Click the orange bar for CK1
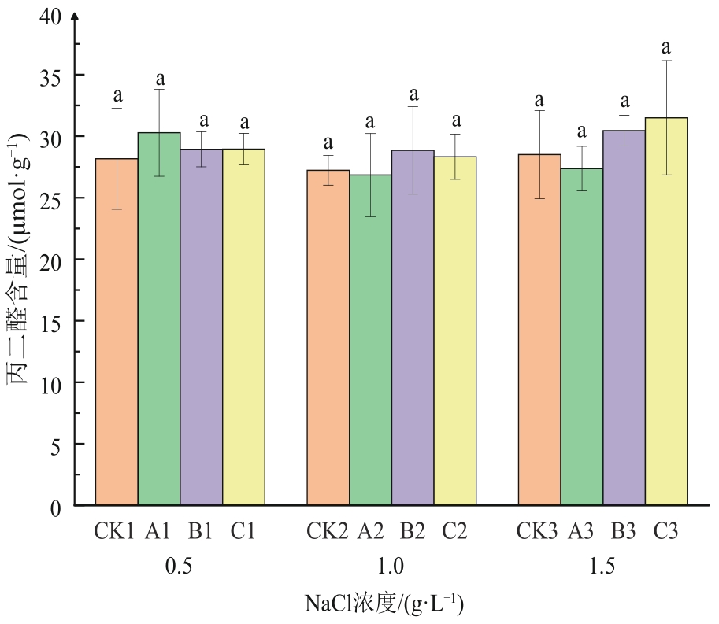coord(117,330)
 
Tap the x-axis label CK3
coord(539,532)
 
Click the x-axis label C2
coord(454,532)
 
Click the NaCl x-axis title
coord(384,604)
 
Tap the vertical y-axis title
coord(19,260)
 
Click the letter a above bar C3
coord(666,47)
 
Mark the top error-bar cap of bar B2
coord(413,107)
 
